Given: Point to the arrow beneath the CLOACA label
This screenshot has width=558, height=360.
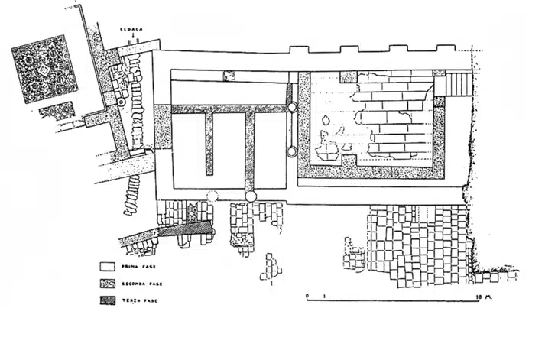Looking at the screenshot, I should click(131, 37).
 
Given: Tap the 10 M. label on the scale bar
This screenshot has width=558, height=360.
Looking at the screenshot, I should click(482, 294).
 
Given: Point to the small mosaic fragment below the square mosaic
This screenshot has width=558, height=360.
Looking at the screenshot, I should click(57, 112).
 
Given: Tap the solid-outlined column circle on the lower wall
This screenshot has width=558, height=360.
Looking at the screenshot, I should click(250, 197).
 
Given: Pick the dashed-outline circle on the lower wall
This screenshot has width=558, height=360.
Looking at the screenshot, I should click(212, 196).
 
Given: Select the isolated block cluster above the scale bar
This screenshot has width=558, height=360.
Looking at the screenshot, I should click(270, 266).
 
